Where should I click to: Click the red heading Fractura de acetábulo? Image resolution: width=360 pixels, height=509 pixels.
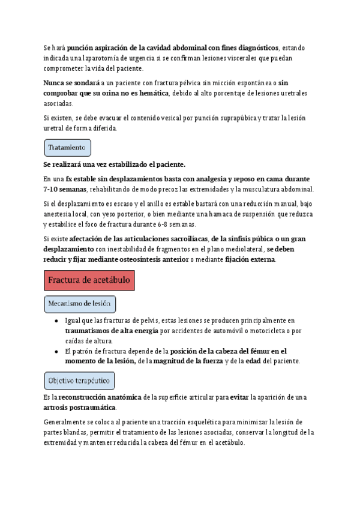[x=89, y=280]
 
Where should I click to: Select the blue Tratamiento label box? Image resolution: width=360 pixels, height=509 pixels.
[x=67, y=147]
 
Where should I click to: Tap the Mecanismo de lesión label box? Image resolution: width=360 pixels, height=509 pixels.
[x=80, y=304]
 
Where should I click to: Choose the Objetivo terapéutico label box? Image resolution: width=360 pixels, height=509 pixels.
[x=79, y=381]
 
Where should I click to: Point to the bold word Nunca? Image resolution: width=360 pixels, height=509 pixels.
[x=55, y=82]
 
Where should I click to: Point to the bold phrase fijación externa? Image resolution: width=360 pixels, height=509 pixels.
[x=250, y=259]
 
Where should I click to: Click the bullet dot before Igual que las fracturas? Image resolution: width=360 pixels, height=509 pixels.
[x=55, y=321]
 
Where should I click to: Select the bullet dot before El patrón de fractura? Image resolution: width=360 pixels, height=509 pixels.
[x=55, y=351]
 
